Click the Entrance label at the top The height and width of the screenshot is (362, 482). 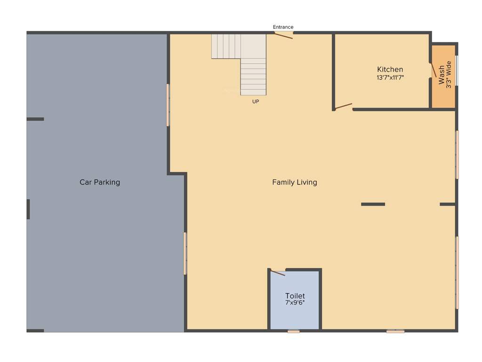point(283,27)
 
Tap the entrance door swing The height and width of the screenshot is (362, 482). point(284,35)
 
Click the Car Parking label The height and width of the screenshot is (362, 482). point(100,182)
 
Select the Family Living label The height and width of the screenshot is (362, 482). point(295,182)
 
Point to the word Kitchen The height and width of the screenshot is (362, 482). point(390,69)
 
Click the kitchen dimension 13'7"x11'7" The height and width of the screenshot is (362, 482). point(390,77)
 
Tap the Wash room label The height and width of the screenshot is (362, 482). point(442,74)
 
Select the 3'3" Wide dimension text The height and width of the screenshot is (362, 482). point(449,74)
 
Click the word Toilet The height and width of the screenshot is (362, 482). point(295,296)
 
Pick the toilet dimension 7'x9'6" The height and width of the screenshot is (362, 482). point(295,303)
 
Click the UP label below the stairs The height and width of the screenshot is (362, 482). point(256,101)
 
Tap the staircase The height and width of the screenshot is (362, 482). point(253,71)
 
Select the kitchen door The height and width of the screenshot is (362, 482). point(344,106)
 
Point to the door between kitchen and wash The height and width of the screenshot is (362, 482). point(433,70)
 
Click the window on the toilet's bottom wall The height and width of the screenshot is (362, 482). point(294,331)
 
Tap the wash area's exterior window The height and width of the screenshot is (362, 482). point(457,71)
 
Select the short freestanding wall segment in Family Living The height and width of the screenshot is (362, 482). point(373,204)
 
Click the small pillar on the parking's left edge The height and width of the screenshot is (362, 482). point(28,209)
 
